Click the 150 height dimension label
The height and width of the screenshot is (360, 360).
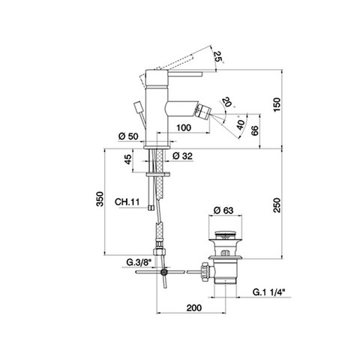click(277, 104)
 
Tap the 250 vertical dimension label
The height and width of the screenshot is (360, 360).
click(277, 205)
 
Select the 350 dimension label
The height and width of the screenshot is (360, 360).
click(100, 199)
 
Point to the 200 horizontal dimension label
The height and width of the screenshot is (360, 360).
click(193, 307)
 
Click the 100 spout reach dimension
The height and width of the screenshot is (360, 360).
click(184, 127)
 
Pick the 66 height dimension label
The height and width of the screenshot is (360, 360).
click(254, 130)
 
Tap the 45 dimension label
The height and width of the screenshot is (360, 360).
click(127, 159)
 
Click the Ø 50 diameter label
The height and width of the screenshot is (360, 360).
click(128, 136)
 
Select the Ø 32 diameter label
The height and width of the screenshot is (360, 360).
click(182, 156)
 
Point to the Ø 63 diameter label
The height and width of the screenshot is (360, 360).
click(223, 210)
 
